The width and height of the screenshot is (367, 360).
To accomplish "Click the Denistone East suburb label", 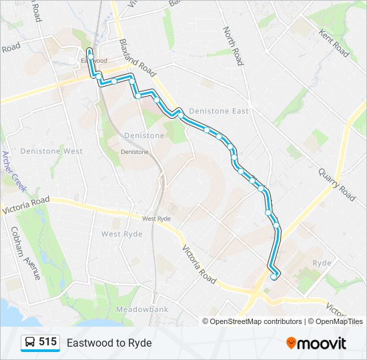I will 218,111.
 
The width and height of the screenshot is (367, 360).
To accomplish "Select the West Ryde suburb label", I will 121,234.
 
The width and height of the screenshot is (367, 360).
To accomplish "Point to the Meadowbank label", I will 139,310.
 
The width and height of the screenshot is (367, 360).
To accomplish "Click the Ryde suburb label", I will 322,263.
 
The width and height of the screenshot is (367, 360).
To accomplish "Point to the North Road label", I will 232,45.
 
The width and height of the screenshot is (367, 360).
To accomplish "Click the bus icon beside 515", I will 30,343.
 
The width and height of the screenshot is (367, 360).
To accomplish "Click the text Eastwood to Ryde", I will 109,343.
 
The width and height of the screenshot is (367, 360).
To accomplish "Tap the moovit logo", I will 316,343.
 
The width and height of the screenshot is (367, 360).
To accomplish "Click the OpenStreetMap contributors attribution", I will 256,321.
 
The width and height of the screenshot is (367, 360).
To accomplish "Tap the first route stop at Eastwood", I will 89,51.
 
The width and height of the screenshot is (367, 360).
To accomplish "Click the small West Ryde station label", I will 156,219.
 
